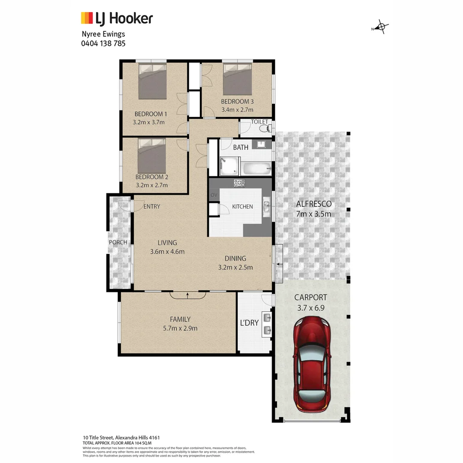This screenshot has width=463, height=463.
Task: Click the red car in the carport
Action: pos(311,364)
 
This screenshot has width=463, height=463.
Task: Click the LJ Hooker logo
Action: pos(117,18)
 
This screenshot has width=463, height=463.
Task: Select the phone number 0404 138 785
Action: pos(103,43)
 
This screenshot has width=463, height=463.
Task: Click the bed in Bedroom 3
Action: pos(237,79)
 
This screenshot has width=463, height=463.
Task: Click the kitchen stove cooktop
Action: pos(239,183)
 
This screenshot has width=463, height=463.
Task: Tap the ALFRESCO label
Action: pos(314,204)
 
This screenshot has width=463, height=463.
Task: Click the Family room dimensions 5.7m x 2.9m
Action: pos(180,328)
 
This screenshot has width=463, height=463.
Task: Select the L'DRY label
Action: pos(249,323)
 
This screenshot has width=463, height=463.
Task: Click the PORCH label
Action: pos(118,242)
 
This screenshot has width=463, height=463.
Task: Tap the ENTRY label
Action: pos(151,207)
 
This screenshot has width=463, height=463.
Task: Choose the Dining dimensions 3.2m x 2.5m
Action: pos(235,268)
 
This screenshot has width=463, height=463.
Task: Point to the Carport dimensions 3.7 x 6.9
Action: pos(311,307)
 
